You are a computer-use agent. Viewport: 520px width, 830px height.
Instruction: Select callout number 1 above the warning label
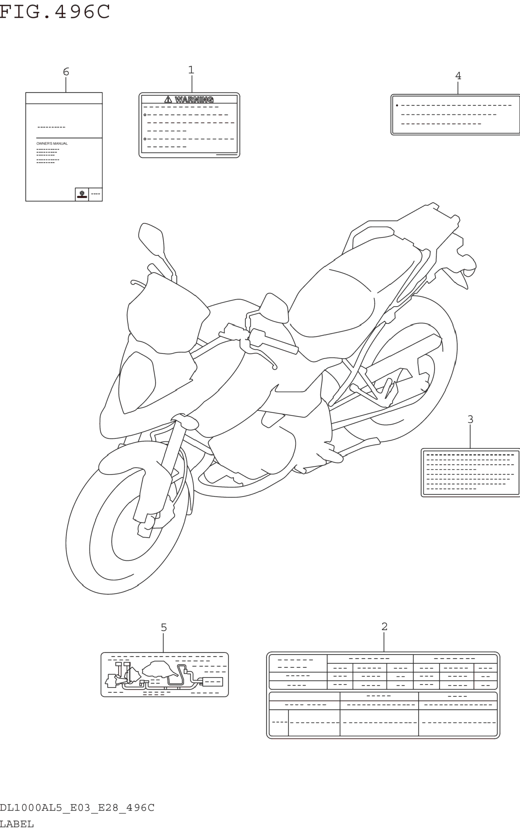coord(191,70)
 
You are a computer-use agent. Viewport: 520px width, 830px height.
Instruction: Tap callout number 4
coord(458,76)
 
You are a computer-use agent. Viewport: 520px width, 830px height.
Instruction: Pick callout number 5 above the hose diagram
coord(164,628)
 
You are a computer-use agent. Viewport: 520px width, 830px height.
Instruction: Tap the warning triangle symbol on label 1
coord(168,100)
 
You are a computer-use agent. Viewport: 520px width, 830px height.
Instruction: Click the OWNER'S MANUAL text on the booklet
coord(52,143)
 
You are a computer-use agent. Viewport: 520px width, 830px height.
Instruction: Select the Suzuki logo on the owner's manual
coord(82,194)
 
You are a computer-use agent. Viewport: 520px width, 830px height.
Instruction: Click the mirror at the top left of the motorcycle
coord(151,237)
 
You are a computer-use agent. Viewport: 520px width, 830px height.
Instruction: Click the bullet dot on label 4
coord(397,105)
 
